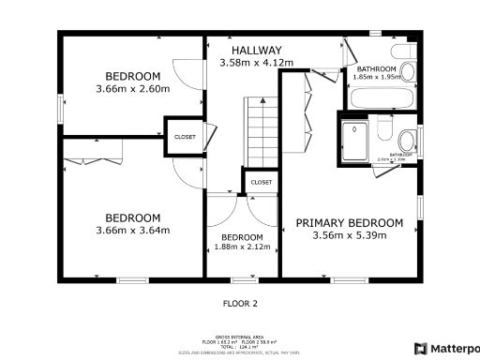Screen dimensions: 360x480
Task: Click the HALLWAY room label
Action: pos(257,51)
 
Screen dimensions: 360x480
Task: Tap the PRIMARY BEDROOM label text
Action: pos(350,223)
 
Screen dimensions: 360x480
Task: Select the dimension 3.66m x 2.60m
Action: pos(132,89)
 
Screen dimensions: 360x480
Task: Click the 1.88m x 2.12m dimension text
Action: pos(242,247)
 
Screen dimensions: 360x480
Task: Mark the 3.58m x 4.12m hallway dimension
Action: pos(257,63)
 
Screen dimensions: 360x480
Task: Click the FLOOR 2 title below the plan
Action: pos(239,303)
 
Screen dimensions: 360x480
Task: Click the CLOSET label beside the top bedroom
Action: pos(185,137)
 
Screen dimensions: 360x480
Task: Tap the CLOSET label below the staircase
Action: pos(262,182)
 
